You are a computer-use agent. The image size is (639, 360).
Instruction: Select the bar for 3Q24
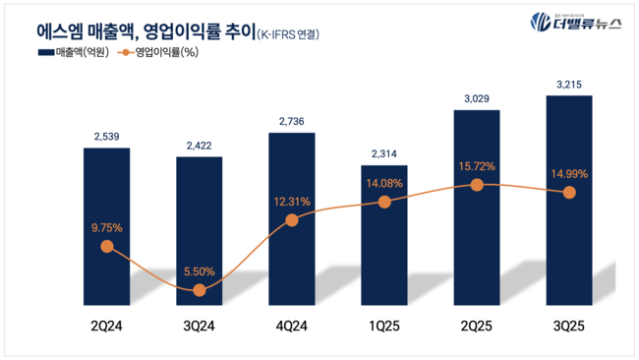click(199, 226)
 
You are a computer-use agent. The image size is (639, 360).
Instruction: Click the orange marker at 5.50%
click(200, 290)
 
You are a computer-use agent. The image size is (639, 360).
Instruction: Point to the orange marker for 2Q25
click(477, 185)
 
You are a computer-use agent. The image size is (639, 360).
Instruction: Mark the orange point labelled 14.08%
click(384, 202)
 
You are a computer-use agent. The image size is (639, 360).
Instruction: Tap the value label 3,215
click(568, 84)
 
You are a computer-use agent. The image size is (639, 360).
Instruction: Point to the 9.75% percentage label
click(106, 228)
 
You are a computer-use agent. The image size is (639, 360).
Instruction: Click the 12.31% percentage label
click(291, 202)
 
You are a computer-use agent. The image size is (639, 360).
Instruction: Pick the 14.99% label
click(568, 174)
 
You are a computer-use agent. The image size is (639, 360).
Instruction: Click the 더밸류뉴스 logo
click(574, 23)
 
